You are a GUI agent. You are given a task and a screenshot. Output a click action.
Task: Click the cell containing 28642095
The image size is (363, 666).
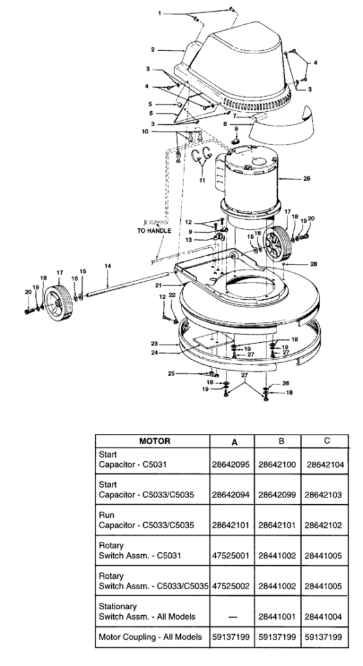tap(231, 465)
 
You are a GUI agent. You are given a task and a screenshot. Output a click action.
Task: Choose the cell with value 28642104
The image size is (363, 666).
tap(325, 465)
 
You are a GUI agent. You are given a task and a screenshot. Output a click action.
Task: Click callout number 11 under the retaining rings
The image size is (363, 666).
tap(202, 180)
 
